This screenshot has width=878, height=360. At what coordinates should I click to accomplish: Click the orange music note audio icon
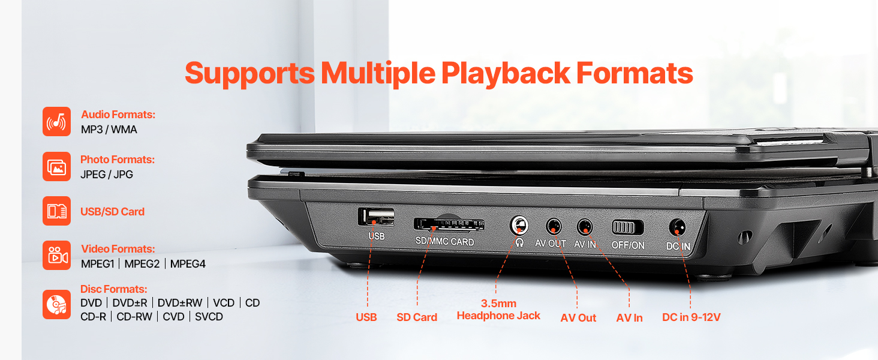[x=56, y=122]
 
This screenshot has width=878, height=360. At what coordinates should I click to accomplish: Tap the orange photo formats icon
[x=56, y=167]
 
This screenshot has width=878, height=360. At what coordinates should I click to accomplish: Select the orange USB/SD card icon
[x=56, y=211]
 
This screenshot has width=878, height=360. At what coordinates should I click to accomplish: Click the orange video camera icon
[x=56, y=255]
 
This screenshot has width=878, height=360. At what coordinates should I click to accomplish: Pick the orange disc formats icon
[x=56, y=305]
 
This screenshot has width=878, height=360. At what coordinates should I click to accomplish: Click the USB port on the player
[x=376, y=217]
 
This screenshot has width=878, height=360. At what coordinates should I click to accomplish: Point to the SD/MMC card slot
[x=449, y=224]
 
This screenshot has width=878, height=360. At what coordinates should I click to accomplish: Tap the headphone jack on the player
[x=519, y=226]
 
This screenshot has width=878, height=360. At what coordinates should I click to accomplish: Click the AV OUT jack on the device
[x=554, y=227]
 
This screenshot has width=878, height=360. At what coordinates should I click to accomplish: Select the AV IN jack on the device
[x=584, y=227]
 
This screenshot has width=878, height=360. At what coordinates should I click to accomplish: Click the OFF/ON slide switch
[x=627, y=227]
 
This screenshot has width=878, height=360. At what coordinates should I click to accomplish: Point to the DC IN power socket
[x=678, y=227]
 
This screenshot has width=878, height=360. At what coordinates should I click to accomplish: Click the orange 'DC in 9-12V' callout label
[x=691, y=317]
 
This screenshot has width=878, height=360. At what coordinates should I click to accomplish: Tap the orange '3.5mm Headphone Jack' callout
[x=498, y=310]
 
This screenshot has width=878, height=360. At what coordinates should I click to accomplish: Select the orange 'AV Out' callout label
[x=578, y=317]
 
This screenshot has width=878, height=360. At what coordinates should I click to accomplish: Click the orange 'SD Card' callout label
[x=417, y=317]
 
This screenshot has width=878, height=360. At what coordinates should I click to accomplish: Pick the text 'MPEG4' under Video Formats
[x=188, y=264]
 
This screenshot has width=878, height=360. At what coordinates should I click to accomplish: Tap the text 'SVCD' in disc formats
[x=209, y=316]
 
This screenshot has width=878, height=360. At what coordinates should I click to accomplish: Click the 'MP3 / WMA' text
[x=109, y=130]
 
